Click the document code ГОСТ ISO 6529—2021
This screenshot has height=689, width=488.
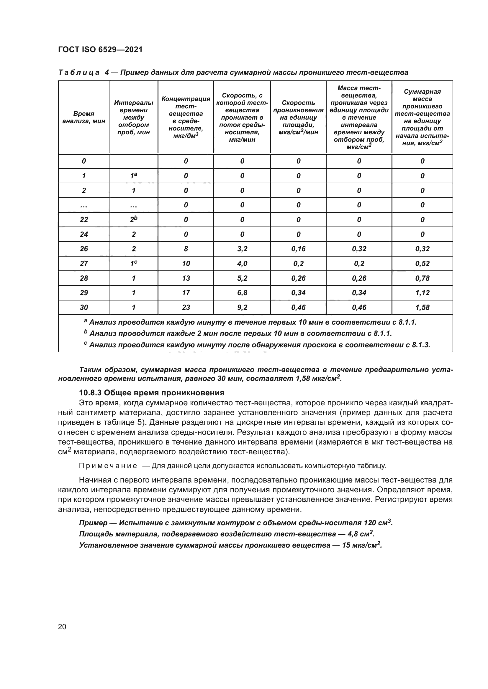[100, 49]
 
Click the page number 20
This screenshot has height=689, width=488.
[62, 627]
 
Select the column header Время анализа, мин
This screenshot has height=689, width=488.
[83, 117]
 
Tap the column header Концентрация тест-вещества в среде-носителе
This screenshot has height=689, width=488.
[186, 117]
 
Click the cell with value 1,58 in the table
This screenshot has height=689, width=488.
[422, 307]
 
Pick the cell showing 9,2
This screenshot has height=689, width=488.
[242, 307]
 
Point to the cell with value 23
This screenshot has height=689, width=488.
[186, 307]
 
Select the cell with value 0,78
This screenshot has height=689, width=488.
[422, 278]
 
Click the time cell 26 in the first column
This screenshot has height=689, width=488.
[84, 249]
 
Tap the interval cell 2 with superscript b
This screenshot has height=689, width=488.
[133, 219]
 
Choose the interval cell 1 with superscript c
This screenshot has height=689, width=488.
[133, 263]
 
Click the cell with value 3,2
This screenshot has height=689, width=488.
[242, 249]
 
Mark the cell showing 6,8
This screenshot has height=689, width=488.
[242, 293]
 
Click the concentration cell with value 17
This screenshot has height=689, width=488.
[186, 293]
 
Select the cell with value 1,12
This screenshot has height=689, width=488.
[422, 293]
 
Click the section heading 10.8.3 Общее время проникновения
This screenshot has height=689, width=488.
[151, 393]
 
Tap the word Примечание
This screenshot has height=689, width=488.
[108, 466]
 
